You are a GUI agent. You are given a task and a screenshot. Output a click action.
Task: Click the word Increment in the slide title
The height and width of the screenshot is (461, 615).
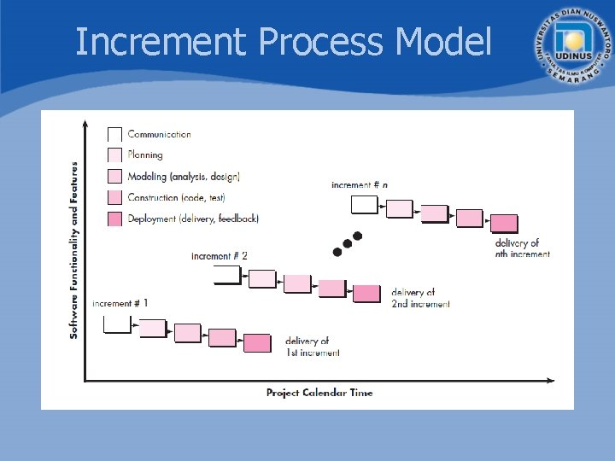(162, 41)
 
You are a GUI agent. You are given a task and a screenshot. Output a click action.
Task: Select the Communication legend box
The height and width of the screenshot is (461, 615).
(114, 134)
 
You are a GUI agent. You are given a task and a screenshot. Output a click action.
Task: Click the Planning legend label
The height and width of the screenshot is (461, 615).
(145, 155)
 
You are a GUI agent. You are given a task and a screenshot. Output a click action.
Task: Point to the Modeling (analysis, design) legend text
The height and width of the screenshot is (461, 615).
(184, 177)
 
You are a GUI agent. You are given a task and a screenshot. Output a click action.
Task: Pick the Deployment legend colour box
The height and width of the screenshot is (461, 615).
(114, 219)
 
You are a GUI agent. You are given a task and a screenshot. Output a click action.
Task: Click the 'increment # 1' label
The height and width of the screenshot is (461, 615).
(120, 303)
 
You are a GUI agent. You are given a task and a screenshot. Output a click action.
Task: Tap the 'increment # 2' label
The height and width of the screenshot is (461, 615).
(220, 255)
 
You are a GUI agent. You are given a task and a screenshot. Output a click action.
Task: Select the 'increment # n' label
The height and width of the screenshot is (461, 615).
(360, 184)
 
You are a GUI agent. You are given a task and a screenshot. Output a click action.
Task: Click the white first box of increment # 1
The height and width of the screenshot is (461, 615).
(117, 324)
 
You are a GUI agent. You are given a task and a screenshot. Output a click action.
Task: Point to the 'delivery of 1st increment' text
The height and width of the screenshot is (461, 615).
(313, 347)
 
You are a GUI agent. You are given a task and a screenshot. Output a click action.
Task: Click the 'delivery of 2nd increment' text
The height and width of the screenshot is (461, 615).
(420, 298)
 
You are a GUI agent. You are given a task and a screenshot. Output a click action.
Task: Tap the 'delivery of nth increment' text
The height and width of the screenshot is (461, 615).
(522, 248)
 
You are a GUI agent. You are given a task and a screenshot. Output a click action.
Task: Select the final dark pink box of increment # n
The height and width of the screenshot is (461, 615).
(504, 224)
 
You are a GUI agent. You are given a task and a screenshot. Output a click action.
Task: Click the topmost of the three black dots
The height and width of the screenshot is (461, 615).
(358, 236)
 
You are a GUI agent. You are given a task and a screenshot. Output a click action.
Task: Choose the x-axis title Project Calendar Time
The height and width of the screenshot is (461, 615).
(319, 393)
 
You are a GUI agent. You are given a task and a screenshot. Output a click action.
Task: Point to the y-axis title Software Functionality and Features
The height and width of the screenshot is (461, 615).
(74, 250)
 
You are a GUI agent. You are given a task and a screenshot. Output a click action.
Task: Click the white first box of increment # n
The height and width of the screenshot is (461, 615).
(365, 204)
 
